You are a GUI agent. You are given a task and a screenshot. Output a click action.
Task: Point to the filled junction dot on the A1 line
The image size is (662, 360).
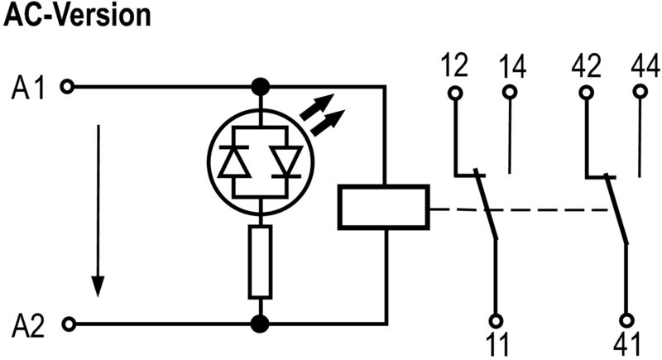click(x=261, y=85)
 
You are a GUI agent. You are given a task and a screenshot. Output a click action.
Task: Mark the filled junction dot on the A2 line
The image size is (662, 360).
click(x=261, y=323)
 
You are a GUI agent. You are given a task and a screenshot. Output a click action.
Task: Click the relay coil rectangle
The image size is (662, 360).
click(x=383, y=207)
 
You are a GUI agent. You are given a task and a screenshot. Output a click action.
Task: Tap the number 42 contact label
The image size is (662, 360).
click(x=586, y=65)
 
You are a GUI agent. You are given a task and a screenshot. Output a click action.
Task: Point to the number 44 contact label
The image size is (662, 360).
click(x=643, y=65)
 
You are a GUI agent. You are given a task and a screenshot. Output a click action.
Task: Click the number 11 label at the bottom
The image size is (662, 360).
click(x=496, y=343)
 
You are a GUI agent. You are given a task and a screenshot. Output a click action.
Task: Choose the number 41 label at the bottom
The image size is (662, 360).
click(x=627, y=343)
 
